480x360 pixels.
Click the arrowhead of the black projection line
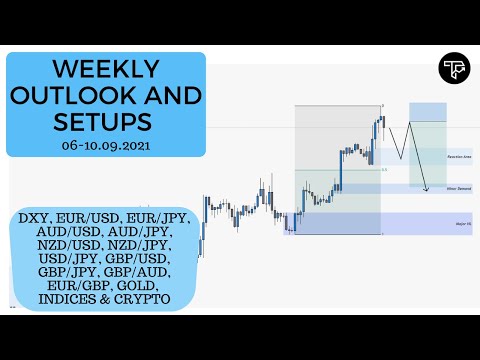427,189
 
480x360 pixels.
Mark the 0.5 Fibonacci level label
384,170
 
